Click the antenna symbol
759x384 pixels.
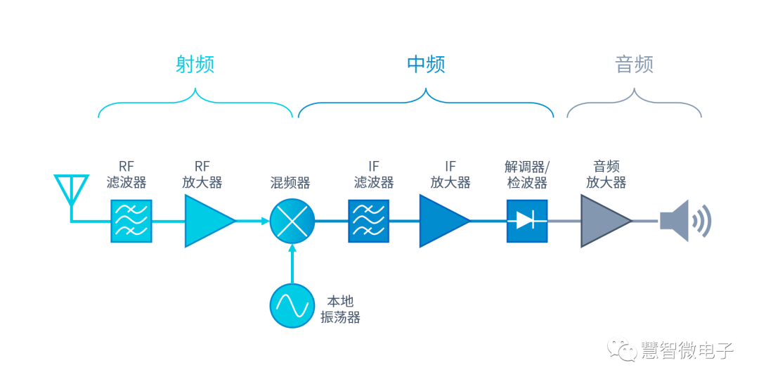click(x=71, y=190)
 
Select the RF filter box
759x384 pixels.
click(x=131, y=221)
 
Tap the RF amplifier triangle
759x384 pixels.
click(x=205, y=221)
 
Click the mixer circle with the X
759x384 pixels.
click(x=292, y=221)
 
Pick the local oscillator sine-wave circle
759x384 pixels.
click(x=292, y=305)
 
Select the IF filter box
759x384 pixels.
click(x=368, y=221)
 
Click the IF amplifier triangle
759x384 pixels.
click(x=441, y=221)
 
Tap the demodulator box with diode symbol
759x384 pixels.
click(x=526, y=221)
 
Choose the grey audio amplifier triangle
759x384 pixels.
click(x=603, y=221)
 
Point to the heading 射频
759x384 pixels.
click(x=195, y=65)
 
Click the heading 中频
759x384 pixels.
click(x=426, y=65)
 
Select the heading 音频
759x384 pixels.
click(x=634, y=65)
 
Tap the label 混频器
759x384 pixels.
click(x=290, y=183)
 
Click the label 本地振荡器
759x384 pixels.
click(x=340, y=309)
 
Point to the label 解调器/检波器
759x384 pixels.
click(x=526, y=174)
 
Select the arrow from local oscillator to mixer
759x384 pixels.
click(x=292, y=264)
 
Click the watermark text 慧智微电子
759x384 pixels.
click(x=687, y=350)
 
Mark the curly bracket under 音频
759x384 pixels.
click(x=634, y=105)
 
